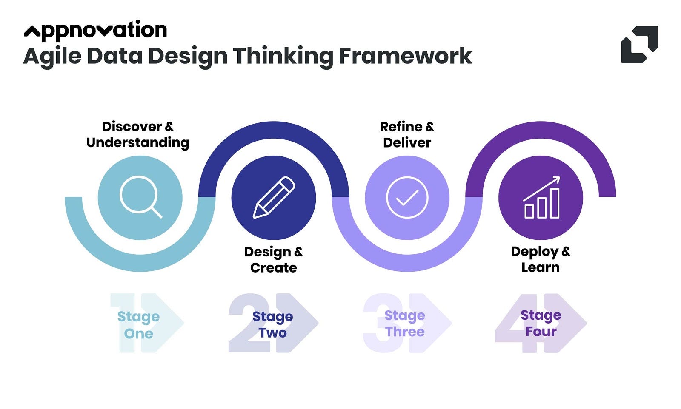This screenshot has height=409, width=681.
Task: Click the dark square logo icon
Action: pos(639,45)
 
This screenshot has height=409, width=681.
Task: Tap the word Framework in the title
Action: pos(405,56)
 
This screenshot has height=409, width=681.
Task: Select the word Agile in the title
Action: pos(52,56)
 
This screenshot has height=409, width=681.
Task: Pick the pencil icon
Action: pos(274,197)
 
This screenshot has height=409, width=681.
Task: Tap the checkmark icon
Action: pos(407,197)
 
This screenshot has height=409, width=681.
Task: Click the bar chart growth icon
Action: pos(541,197)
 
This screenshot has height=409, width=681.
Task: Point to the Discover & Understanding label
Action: pos(137,134)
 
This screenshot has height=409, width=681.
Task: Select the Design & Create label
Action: pos(273,260)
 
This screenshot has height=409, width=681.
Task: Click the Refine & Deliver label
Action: pos(407,134)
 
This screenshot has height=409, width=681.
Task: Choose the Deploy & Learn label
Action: pos(541,259)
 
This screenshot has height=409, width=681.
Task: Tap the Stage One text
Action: pos(138,325)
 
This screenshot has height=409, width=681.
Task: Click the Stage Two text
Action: pos(272,325)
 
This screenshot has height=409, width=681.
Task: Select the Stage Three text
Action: pos(405,324)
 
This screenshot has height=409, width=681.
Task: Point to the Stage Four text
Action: pos(541,324)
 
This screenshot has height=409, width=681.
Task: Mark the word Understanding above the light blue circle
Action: pos(137,142)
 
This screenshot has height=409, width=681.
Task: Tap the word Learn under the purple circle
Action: pos(541,267)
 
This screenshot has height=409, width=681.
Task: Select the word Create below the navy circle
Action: pos(273,268)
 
